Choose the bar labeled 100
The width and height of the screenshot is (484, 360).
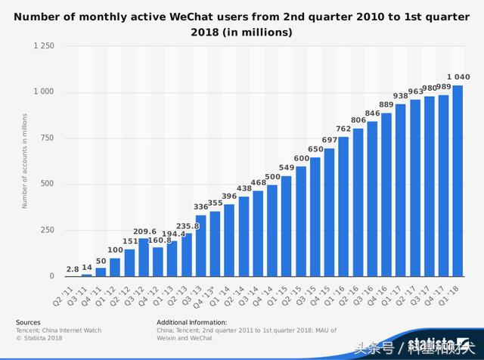point(115,267)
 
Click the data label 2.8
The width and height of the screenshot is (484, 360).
point(72,268)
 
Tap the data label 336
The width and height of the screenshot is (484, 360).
point(200,206)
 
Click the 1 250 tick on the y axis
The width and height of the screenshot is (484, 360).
point(44,46)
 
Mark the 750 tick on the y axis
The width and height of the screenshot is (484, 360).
point(48,138)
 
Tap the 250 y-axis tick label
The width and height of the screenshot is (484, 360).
point(48,231)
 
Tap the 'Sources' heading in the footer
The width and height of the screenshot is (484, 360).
point(28,322)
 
